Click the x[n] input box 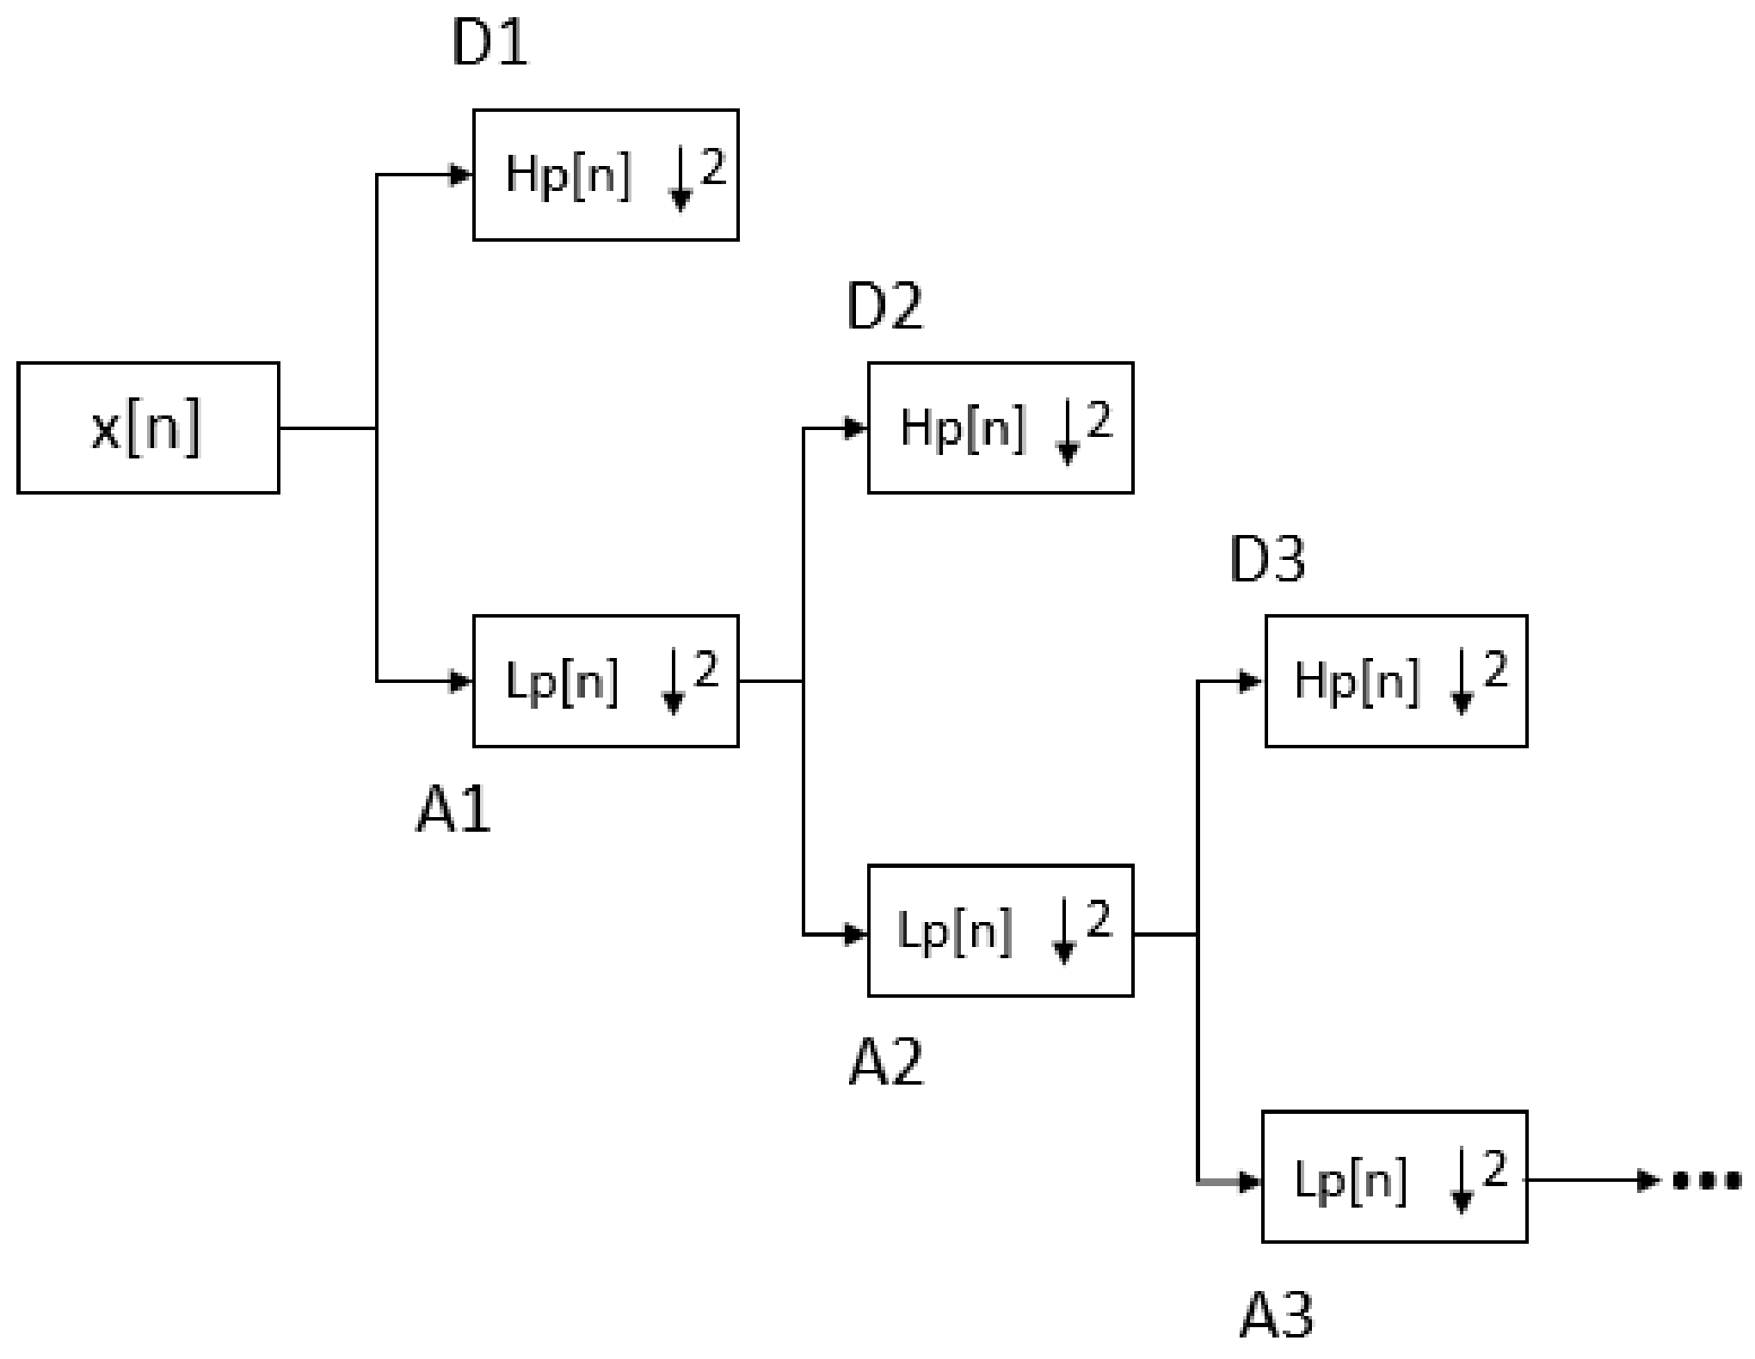click(x=148, y=427)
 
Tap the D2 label click(x=884, y=307)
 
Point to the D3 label click(x=1267, y=560)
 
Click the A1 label click(x=453, y=810)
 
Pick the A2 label click(x=886, y=1063)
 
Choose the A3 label click(x=1277, y=1315)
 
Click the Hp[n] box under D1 click(x=606, y=175)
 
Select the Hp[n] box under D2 click(x=1001, y=427)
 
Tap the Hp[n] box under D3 click(x=1395, y=680)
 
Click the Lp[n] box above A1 click(x=606, y=680)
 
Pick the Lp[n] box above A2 click(x=1001, y=931)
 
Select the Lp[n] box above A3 click(x=1394, y=1177)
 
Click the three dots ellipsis click(x=1707, y=1180)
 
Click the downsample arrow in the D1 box click(x=680, y=182)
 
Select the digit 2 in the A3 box click(x=1495, y=1170)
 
